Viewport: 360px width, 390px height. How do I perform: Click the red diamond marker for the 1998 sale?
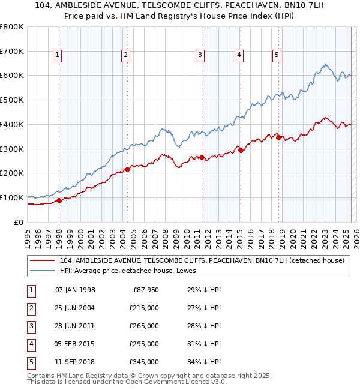coord(59,201)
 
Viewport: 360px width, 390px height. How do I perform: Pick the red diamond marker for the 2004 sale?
coord(127,169)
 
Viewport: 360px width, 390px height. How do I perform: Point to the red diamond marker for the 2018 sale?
coord(279,137)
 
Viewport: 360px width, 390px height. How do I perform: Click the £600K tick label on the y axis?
coord(12,76)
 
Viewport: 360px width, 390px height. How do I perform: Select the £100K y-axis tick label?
coord(12,197)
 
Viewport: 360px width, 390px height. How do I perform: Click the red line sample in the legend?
coord(42,260)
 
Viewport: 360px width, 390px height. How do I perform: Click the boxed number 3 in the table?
coord(31,326)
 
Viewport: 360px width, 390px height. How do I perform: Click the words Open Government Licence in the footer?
coord(172,382)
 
